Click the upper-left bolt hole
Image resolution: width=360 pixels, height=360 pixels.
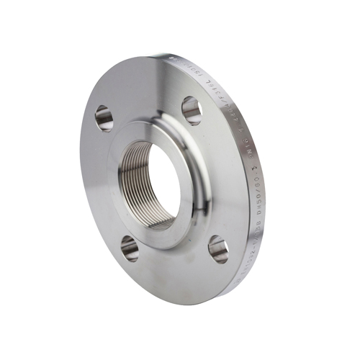click(x=104, y=117)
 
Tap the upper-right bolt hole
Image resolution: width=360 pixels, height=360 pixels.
click(x=191, y=110)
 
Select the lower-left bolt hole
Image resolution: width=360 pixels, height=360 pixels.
click(x=130, y=248)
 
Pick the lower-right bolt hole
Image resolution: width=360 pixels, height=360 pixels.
click(x=218, y=248)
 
